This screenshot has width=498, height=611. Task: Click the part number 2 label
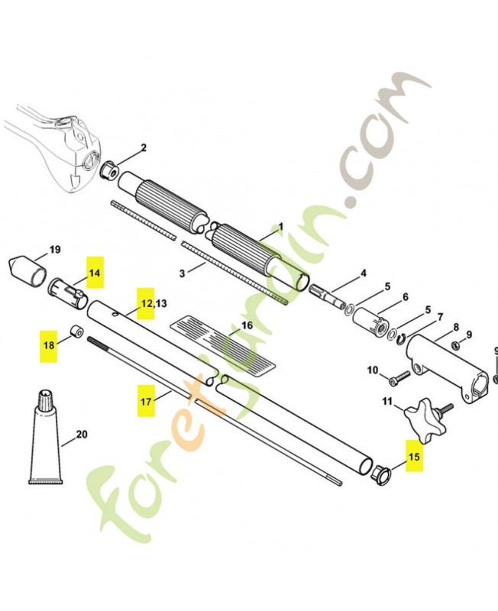pos(144,147)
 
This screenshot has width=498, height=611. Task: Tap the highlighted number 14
pos(94,273)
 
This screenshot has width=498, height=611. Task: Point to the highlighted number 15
pos(414,458)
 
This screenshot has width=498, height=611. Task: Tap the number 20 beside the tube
pos(82,435)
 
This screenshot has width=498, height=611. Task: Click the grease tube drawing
pos(44,441)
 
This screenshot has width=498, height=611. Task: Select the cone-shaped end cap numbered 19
pos(27,268)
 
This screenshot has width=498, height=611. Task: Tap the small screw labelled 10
pos(397,377)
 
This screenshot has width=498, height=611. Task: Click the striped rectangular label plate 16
pos(221,344)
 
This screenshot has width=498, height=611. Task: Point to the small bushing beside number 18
pos(78,333)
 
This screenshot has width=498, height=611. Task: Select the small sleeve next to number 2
pos(109,167)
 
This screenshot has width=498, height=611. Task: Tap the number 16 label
pos(247,325)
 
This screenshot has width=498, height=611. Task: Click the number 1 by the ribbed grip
pos(280,227)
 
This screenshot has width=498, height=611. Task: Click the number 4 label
pos(364,273)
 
